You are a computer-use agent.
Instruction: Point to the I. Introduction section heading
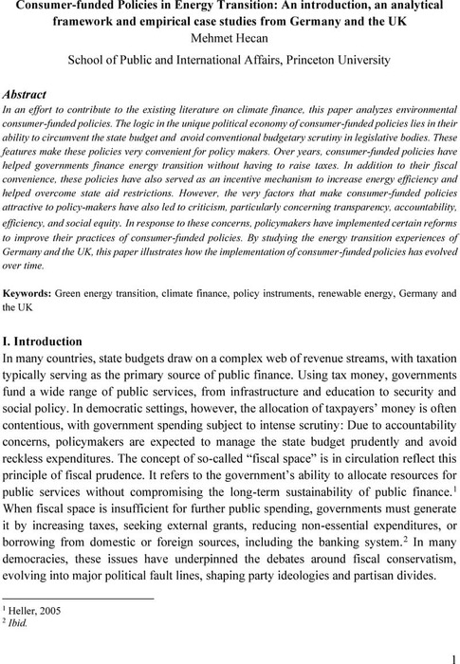[x=63, y=341]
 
